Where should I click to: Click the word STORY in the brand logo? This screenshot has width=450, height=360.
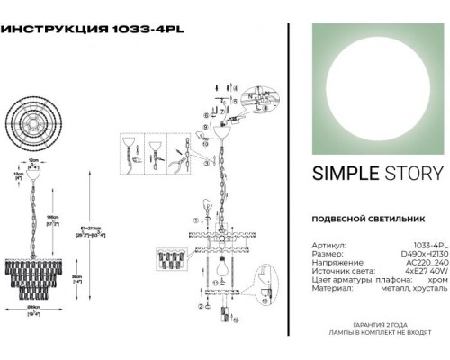tap(407, 174)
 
